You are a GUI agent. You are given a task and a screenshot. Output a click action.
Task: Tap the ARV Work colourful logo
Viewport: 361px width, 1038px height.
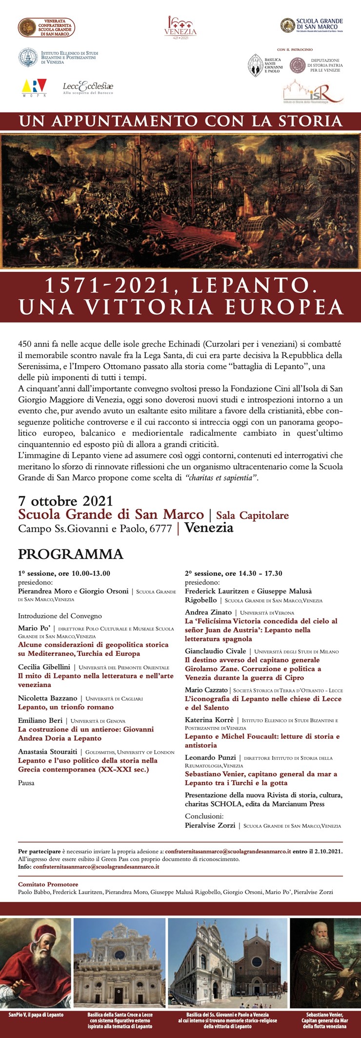(34, 87)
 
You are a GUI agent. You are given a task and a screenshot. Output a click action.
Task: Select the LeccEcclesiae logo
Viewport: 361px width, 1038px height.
(88, 87)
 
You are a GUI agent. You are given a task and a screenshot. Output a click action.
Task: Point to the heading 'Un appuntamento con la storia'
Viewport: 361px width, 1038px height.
(180, 121)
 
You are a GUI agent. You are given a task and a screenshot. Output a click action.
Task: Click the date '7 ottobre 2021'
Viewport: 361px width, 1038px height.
(65, 501)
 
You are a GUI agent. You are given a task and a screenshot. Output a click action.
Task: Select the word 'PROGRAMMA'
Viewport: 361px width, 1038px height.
(70, 554)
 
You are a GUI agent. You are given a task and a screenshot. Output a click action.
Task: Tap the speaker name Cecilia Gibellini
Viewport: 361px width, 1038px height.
(44, 667)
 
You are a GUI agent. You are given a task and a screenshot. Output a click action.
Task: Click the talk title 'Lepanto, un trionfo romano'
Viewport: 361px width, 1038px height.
(65, 707)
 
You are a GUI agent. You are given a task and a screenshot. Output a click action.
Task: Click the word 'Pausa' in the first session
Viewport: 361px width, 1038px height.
(26, 783)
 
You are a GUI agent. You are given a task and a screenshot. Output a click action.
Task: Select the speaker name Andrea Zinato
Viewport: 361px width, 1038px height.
(208, 612)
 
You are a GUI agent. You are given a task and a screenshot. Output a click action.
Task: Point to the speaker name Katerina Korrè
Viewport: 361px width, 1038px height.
(209, 720)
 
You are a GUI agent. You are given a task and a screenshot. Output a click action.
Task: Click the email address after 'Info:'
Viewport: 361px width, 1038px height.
(96, 867)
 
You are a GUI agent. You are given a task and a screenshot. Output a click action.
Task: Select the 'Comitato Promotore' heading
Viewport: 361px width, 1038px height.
(48, 884)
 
